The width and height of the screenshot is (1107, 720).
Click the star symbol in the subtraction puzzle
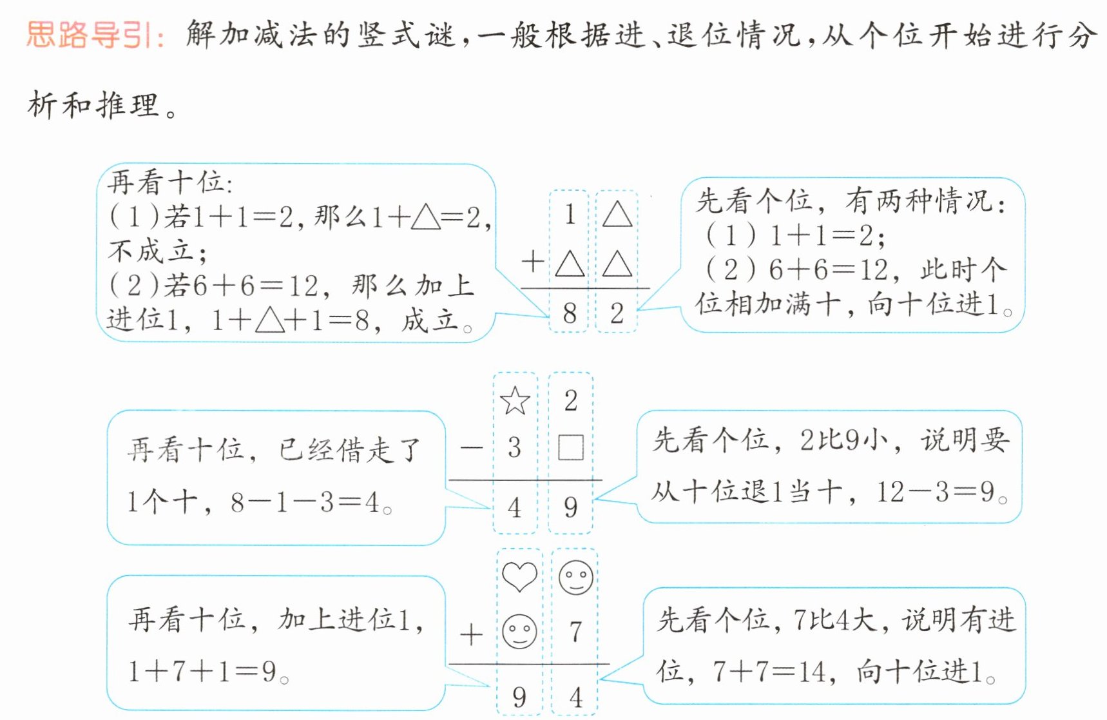[515, 401]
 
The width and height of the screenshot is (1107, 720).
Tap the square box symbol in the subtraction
[570, 447]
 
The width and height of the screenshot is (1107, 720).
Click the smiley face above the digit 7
[575, 577]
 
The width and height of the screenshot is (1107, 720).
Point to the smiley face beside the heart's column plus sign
[519, 632]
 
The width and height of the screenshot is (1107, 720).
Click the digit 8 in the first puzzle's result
[569, 313]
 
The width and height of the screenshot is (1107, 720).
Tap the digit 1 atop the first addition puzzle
[570, 215]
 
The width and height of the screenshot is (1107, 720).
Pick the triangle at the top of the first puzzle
[617, 215]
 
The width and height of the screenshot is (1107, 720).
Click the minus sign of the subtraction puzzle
[472, 447]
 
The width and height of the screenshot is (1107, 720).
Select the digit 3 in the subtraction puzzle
[514, 447]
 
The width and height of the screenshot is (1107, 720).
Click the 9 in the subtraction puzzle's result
[570, 507]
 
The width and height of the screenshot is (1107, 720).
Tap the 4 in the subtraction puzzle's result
[514, 507]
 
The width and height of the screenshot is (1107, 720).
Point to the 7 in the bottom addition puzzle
[575, 632]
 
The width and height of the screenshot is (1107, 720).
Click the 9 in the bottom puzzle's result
[519, 697]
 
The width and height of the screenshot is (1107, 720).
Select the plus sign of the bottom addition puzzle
[471, 634]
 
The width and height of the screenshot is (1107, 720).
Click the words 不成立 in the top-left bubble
[150, 250]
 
